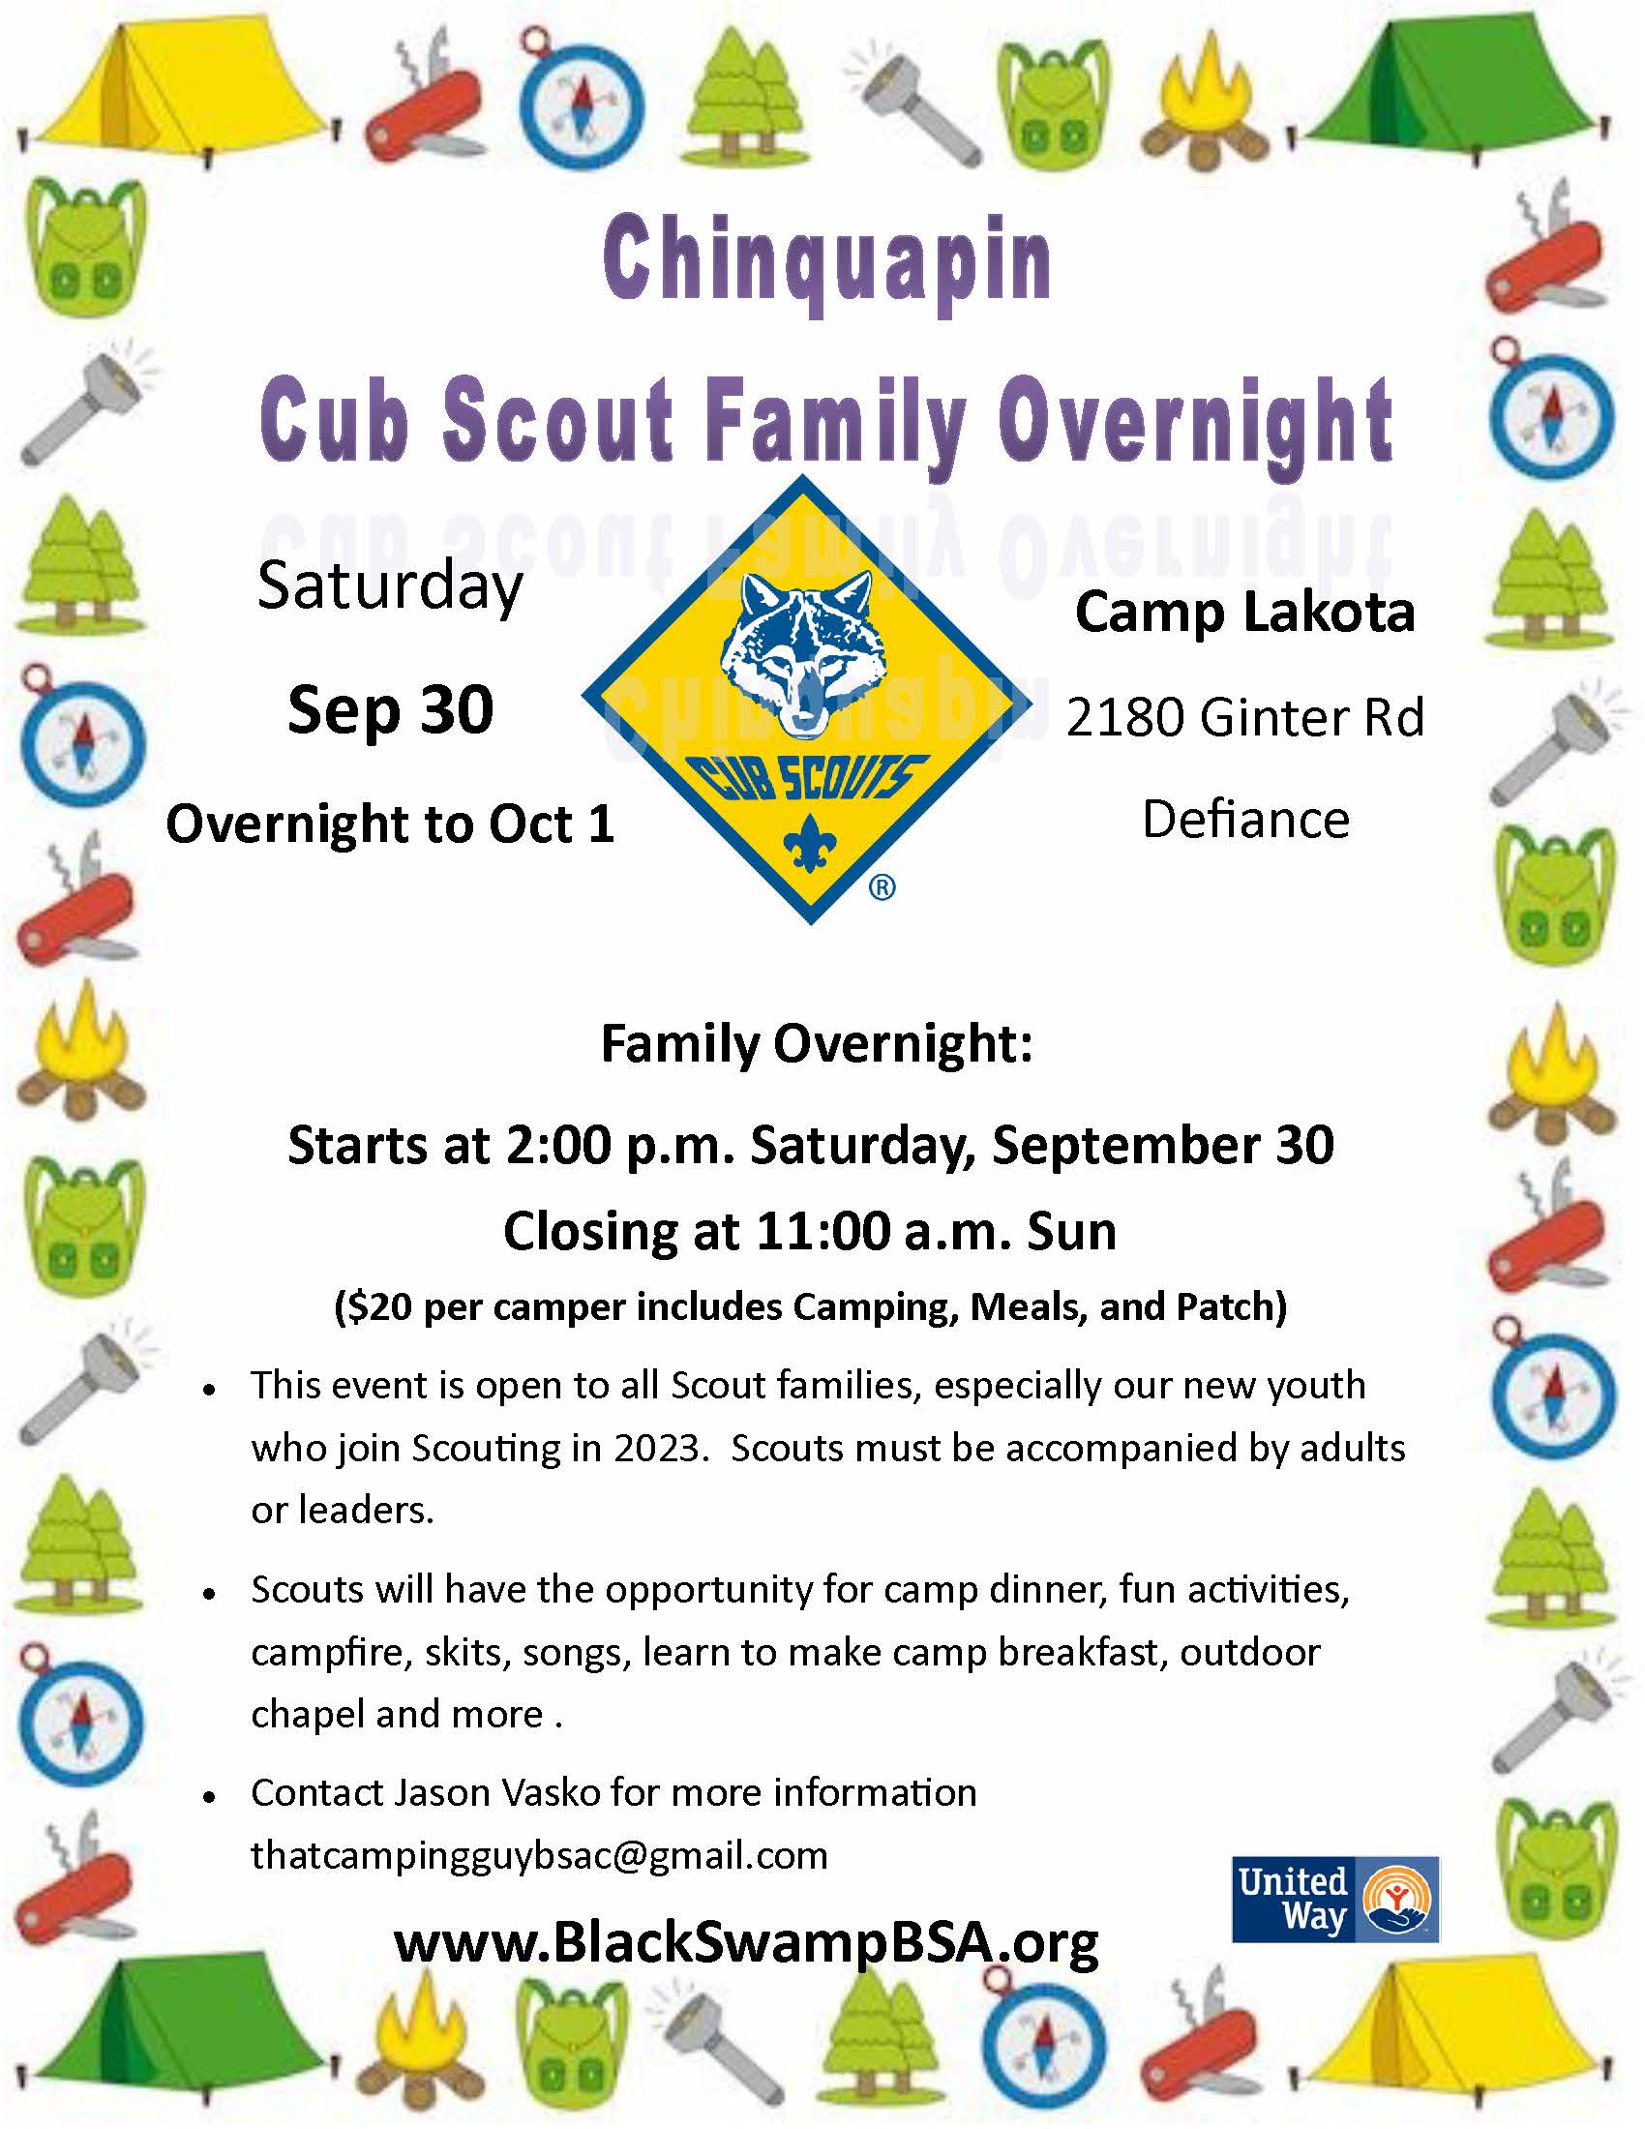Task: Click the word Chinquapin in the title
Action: [827, 261]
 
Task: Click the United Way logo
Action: [1335, 1900]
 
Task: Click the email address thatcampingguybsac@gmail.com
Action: [539, 1855]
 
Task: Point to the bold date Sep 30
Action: [391, 711]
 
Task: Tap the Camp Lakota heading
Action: [1245, 613]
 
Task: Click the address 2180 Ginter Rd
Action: [1245, 717]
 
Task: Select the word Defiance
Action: [1245, 819]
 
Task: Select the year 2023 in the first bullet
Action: [657, 1450]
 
